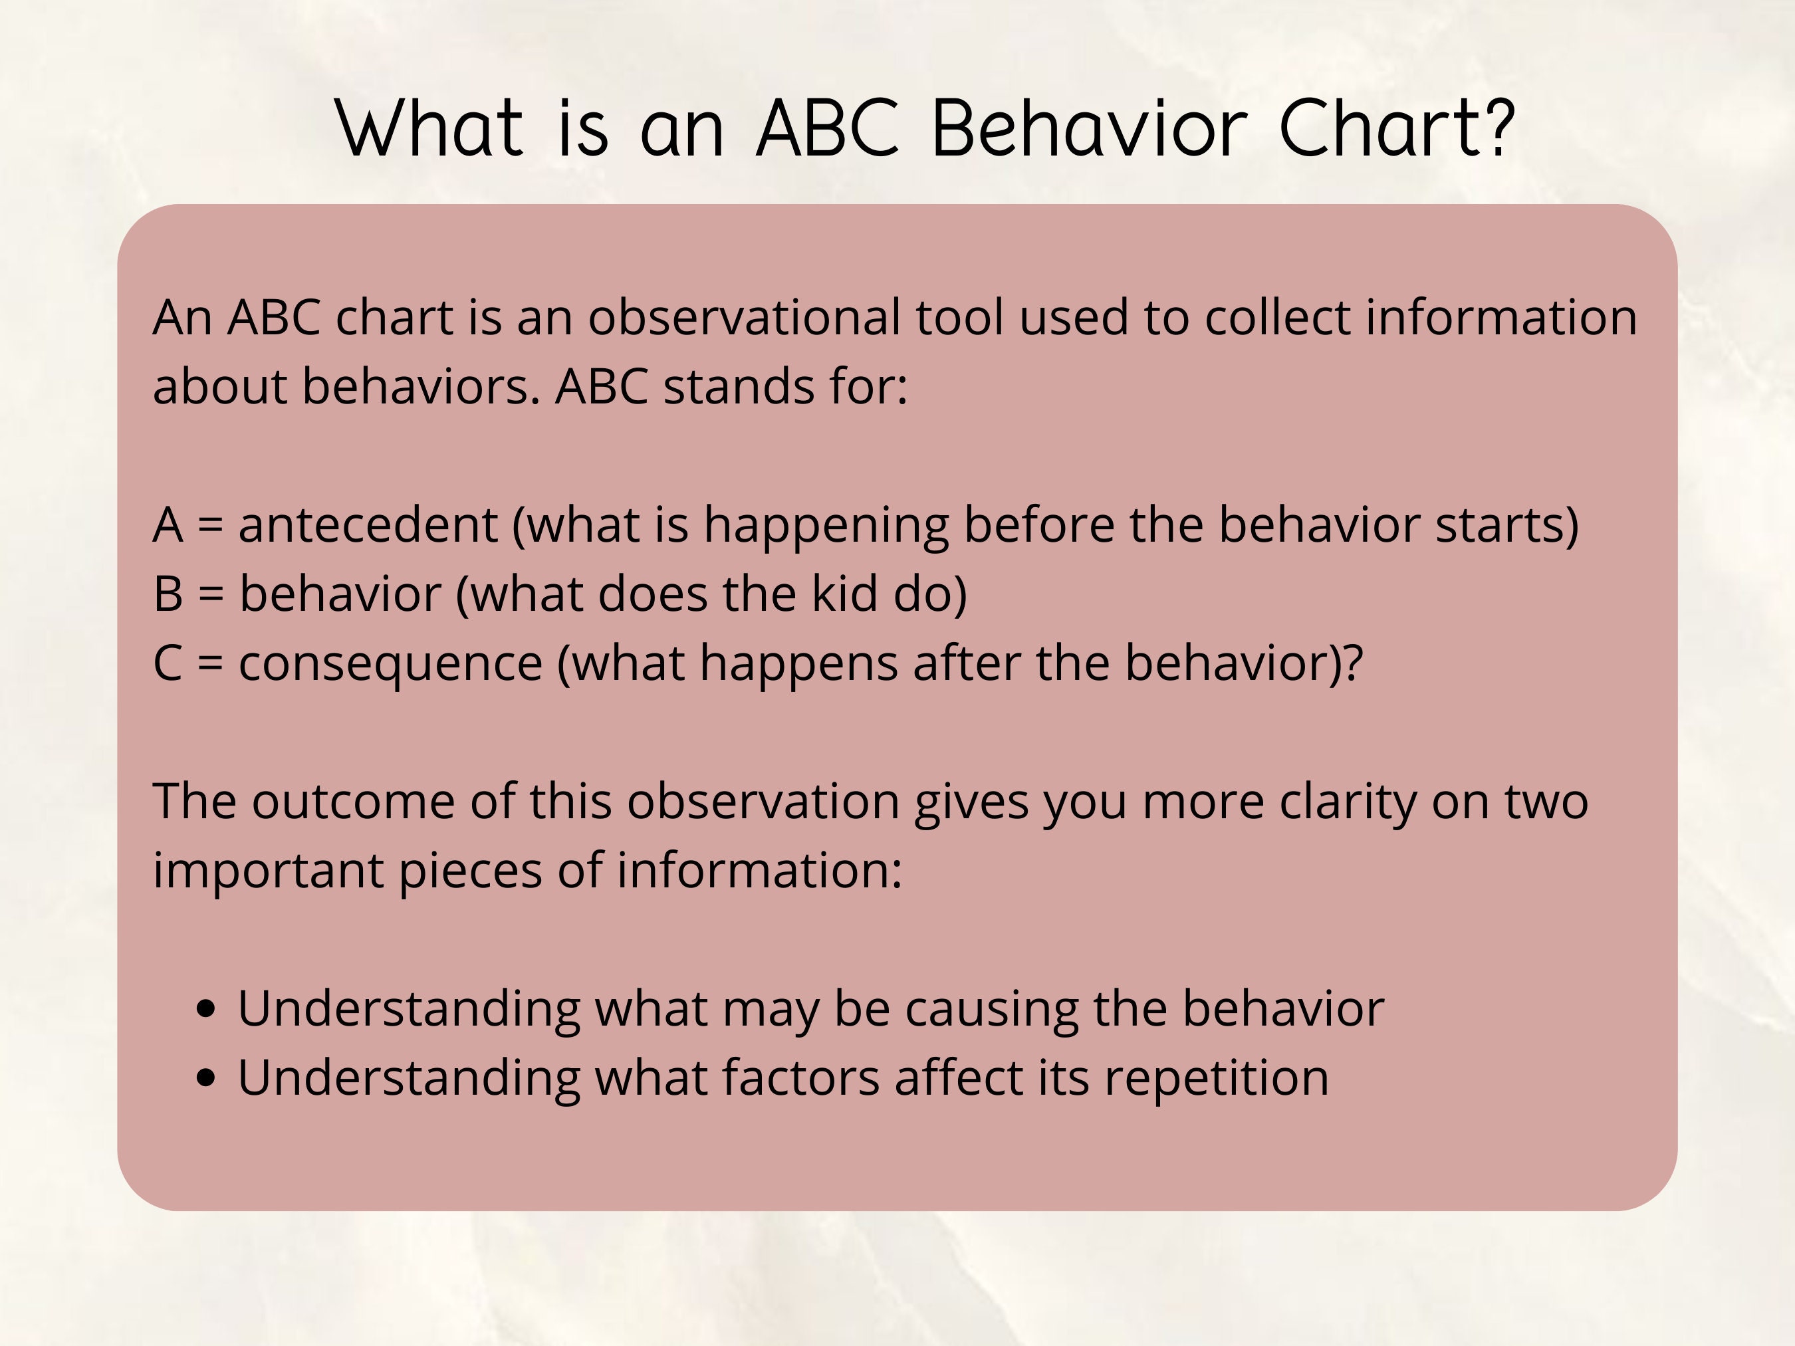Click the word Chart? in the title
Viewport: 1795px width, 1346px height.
(x=1395, y=128)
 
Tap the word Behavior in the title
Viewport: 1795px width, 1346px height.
(x=1088, y=128)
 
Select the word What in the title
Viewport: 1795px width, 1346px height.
(x=429, y=128)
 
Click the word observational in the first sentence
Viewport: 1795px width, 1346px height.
(x=744, y=317)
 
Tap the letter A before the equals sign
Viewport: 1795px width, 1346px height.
(x=168, y=525)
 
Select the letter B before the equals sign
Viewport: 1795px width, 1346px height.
(x=168, y=594)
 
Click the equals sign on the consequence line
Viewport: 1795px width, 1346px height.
(x=210, y=663)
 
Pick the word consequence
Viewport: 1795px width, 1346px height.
(x=390, y=663)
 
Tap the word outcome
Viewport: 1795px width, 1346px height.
(x=353, y=802)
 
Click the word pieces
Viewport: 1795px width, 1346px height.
(x=470, y=871)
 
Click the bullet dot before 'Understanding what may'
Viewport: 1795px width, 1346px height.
(x=207, y=1009)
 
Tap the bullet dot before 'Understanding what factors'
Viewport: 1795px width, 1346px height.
(x=207, y=1078)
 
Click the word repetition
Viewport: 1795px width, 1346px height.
(x=1217, y=1078)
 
